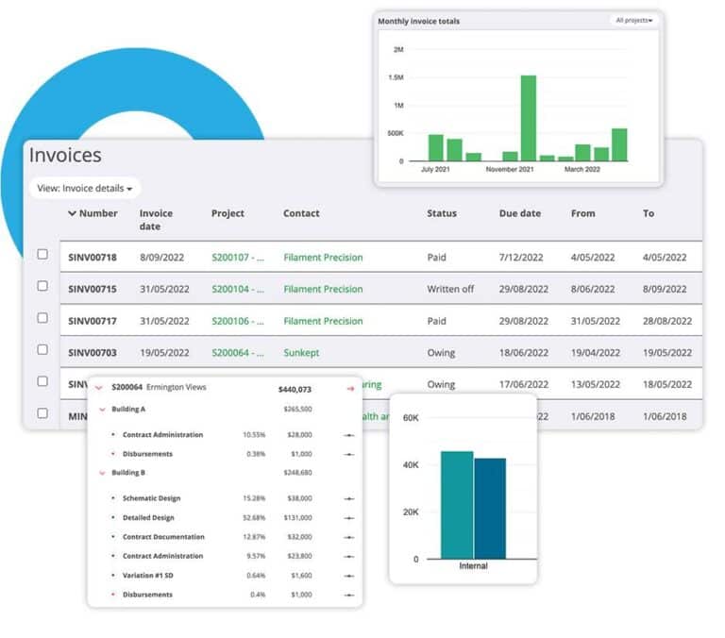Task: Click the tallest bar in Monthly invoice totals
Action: pos(528,118)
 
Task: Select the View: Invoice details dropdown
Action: pos(85,188)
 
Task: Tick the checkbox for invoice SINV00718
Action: pos(42,254)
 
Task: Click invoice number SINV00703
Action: pos(93,353)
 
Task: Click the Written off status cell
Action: pos(450,289)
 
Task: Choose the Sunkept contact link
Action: pos(301,353)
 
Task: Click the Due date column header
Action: pos(519,213)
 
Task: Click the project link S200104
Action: pos(237,289)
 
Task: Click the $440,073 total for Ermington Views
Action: pos(295,388)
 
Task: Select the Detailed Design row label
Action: pos(148,517)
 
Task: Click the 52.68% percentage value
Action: pos(254,517)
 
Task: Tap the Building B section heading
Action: pos(128,472)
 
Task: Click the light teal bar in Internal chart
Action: pos(457,505)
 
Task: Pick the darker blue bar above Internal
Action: pos(490,508)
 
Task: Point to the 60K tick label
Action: pos(410,417)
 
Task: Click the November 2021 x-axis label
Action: pos(510,170)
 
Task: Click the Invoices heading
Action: pos(65,156)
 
